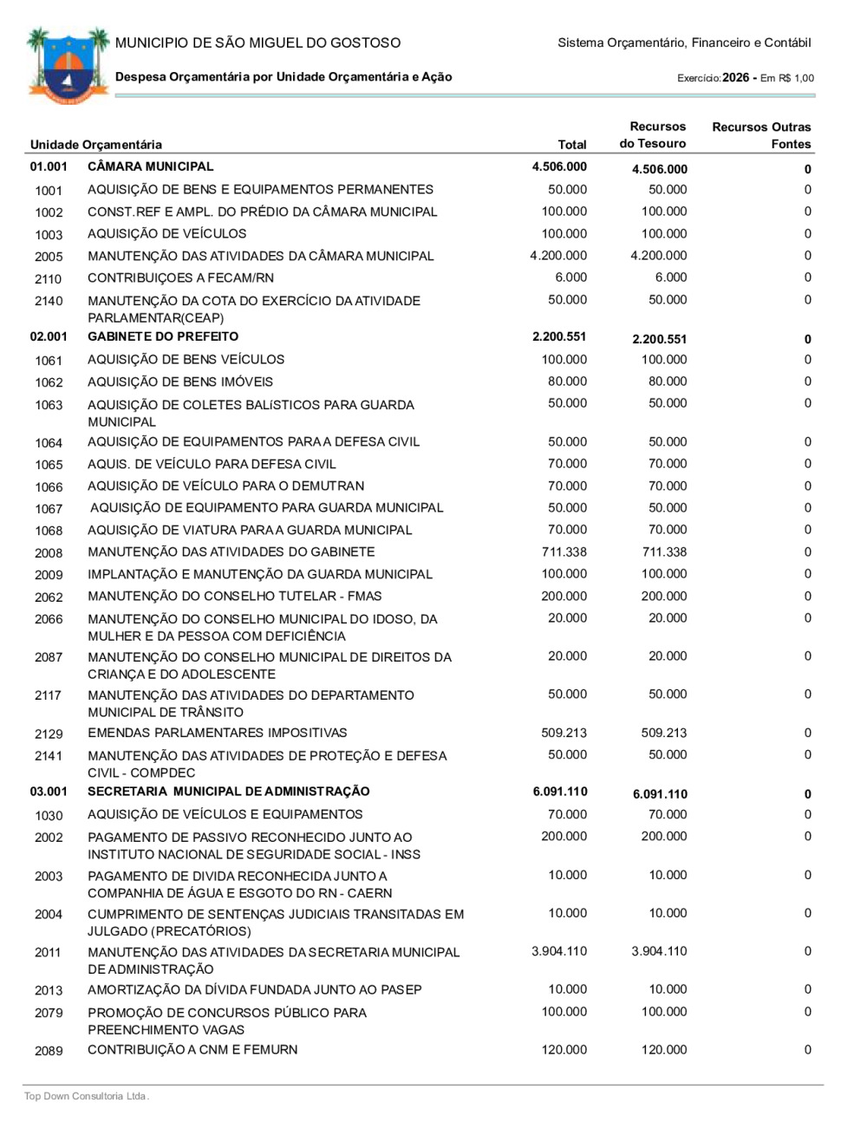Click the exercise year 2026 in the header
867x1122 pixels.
(x=735, y=77)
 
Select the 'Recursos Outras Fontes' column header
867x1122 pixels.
(x=761, y=135)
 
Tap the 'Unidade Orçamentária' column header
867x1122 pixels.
(x=96, y=145)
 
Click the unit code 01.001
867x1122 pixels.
(x=49, y=166)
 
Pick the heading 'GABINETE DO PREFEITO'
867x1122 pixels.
(x=163, y=336)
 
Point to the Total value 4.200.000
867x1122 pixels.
(x=558, y=256)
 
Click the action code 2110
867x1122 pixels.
(x=49, y=278)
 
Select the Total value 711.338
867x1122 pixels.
(x=564, y=552)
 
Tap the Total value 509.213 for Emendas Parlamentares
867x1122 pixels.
(x=564, y=733)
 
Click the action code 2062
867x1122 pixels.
(x=49, y=597)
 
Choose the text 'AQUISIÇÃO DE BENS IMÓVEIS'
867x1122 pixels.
(x=180, y=382)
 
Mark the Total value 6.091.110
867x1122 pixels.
(x=559, y=792)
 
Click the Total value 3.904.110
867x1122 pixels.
(x=559, y=951)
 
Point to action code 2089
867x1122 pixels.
(x=49, y=1051)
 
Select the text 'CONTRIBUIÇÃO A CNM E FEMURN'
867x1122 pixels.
(x=192, y=1050)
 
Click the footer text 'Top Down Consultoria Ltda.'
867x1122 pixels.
(x=87, y=1096)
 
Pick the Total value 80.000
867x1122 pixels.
(x=568, y=382)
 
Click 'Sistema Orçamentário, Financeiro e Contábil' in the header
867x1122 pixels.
(x=684, y=42)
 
